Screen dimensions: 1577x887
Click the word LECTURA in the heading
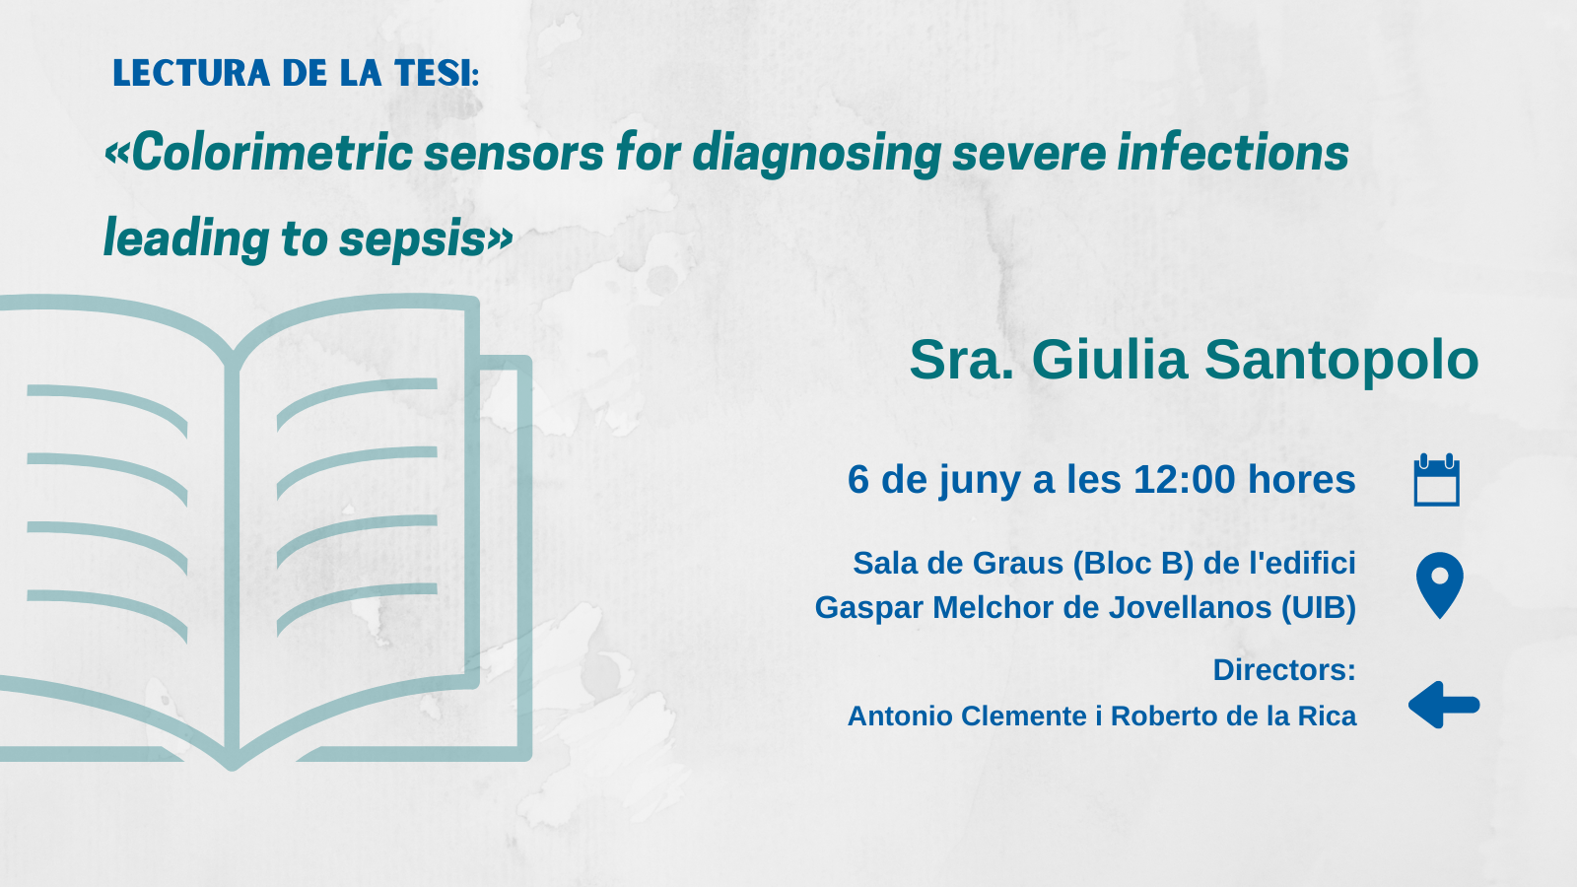click(x=191, y=73)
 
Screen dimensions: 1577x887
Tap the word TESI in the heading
click(x=433, y=73)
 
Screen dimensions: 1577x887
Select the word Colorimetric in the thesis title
click(x=272, y=152)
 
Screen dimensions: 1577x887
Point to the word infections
click(x=1233, y=152)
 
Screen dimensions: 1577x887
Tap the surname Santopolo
click(x=1341, y=361)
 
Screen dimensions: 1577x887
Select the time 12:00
click(x=1184, y=479)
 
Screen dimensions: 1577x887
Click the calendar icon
click(x=1436, y=479)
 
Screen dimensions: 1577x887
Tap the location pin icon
click(x=1440, y=585)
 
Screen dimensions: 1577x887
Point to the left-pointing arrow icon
click(x=1444, y=705)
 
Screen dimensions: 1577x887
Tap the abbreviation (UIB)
click(x=1318, y=608)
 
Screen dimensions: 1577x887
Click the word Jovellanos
click(x=1190, y=607)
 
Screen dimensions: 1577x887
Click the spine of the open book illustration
click(x=233, y=563)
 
